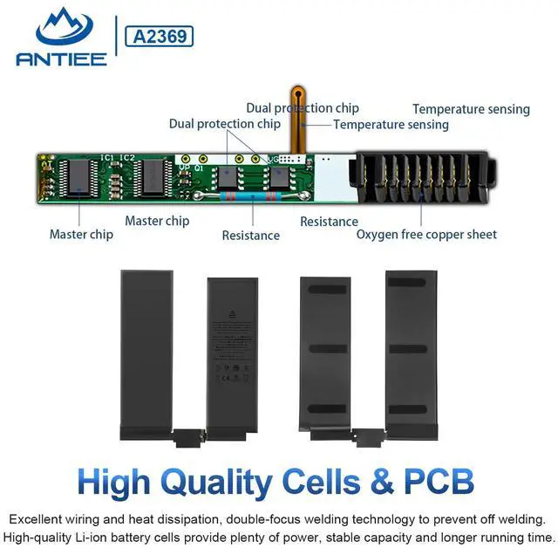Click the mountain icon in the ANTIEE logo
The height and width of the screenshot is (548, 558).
click(61, 27)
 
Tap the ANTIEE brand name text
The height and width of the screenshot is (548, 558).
click(61, 58)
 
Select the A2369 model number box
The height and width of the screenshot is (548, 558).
click(160, 37)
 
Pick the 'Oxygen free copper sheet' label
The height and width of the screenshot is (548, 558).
click(426, 234)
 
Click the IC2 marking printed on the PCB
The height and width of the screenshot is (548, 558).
click(127, 157)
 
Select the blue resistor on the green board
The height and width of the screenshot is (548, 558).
click(253, 197)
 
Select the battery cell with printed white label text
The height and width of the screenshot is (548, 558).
click(231, 353)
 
